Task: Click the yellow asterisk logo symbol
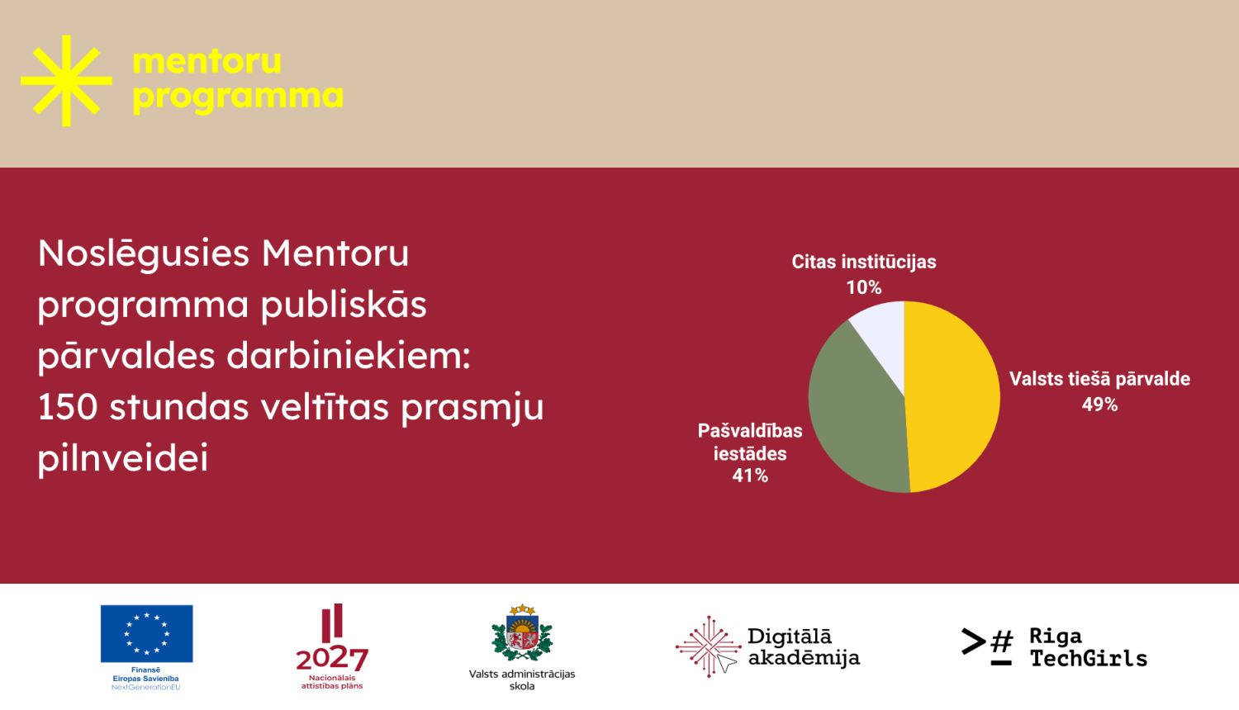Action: coord(66,80)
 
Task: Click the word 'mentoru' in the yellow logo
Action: coord(206,62)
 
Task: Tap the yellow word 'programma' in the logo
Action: coord(238,97)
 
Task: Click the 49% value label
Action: coord(1099,405)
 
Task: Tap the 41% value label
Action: coord(750,476)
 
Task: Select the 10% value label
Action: coord(864,287)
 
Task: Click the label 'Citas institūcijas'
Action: coord(864,262)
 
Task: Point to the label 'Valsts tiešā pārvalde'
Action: coord(1099,379)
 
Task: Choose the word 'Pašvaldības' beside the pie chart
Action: coord(750,431)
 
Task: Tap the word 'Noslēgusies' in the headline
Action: coord(144,254)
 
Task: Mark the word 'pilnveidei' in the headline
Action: coord(123,459)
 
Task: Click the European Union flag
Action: coord(146,633)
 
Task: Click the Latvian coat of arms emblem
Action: coord(522,634)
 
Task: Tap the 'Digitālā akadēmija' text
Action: coord(803,646)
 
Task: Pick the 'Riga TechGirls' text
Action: coord(1088,646)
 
